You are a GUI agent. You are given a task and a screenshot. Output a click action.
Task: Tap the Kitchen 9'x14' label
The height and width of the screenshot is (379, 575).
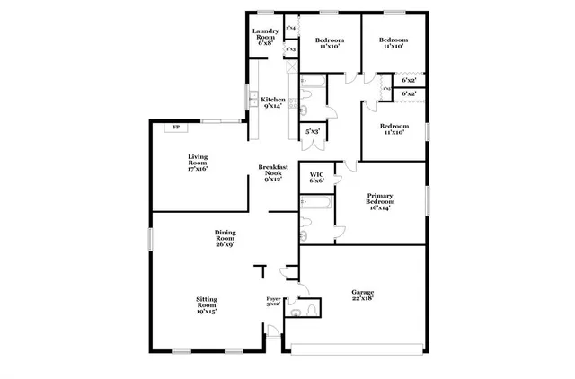(273, 103)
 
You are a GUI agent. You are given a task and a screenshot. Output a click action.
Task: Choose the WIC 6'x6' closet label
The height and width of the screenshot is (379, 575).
(316, 178)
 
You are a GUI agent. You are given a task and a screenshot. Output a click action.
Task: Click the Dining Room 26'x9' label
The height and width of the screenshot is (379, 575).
(225, 239)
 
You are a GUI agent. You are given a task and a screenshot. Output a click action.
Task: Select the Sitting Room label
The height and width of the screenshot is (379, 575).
(207, 305)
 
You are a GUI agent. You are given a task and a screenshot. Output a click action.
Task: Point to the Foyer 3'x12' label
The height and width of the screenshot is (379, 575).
(274, 302)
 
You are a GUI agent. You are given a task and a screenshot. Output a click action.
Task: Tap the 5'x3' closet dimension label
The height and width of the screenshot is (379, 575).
(313, 133)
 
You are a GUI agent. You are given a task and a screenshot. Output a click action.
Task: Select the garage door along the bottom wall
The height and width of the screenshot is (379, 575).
(359, 347)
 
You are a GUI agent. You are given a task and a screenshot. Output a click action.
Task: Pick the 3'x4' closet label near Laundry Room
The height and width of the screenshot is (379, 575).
(291, 29)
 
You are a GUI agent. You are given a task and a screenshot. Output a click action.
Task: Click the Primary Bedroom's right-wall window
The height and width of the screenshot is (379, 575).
(426, 198)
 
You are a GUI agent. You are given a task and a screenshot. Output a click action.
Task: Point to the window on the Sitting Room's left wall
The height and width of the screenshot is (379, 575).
(150, 239)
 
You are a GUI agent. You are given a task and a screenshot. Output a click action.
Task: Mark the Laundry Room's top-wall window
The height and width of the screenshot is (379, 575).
(266, 13)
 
